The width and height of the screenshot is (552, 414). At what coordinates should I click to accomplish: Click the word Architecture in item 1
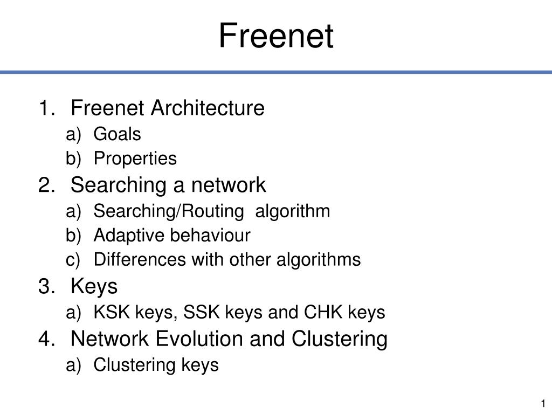click(x=208, y=108)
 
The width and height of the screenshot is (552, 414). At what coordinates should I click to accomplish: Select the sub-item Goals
click(x=117, y=134)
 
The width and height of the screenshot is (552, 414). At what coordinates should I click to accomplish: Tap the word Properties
click(x=135, y=159)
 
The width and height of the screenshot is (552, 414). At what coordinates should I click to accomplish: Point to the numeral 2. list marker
click(x=47, y=185)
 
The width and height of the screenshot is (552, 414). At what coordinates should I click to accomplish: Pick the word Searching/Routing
click(x=169, y=211)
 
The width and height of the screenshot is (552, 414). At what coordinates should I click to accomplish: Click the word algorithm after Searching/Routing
click(x=293, y=211)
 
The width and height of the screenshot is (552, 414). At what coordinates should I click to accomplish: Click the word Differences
click(x=140, y=259)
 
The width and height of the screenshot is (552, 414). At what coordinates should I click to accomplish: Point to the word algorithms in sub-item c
click(x=319, y=260)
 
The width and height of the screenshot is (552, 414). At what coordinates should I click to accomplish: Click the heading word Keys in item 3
click(x=94, y=286)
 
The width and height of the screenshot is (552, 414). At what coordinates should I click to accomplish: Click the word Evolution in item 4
click(x=199, y=339)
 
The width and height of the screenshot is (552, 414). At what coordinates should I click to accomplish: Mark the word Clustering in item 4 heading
click(x=340, y=339)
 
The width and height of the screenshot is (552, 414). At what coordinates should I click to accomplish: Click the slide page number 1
click(x=543, y=403)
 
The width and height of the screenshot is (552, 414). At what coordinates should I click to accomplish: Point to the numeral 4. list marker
click(x=47, y=339)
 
